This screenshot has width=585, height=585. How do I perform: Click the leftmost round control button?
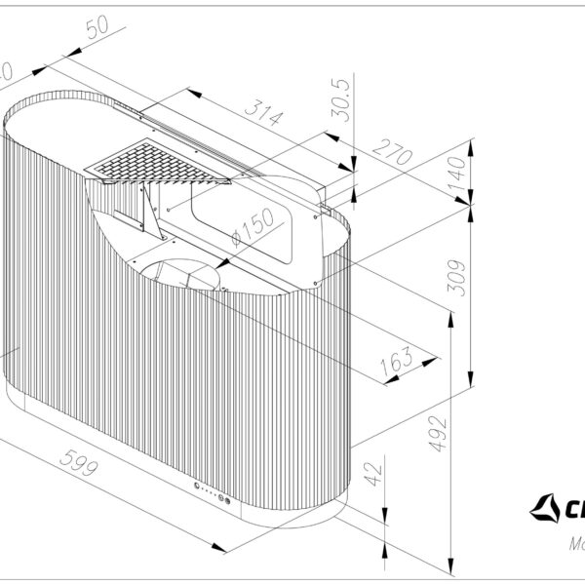[195, 487]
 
